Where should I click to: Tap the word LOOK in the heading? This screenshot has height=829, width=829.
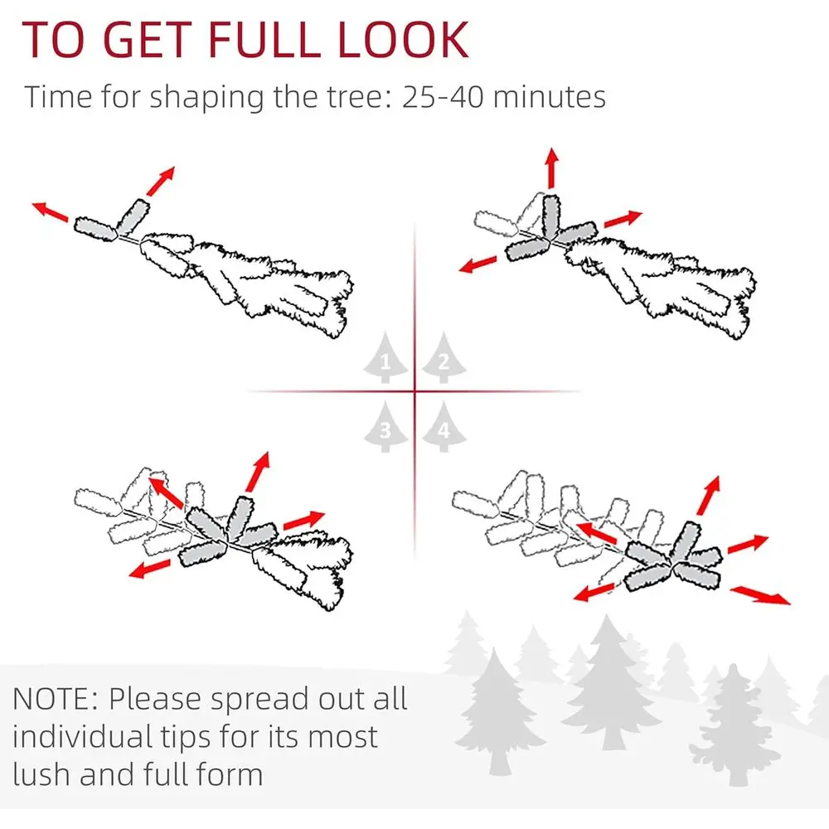pos(402,40)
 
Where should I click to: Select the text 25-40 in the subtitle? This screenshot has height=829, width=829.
pos(443,97)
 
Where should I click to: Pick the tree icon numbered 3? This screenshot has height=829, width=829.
pos(385,426)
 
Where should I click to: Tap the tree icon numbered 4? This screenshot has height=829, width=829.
pos(444,426)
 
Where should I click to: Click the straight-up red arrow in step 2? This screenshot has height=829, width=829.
pos(552,167)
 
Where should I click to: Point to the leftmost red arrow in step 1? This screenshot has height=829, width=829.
pos(50,211)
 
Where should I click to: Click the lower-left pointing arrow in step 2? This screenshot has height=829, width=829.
pos(478,264)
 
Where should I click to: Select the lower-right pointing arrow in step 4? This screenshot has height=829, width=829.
pos(760,594)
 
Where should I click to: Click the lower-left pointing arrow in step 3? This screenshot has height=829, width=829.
pos(149,569)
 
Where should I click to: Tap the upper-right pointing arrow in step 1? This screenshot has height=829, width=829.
pos(161,181)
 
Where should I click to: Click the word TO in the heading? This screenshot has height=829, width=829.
pos(53,40)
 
